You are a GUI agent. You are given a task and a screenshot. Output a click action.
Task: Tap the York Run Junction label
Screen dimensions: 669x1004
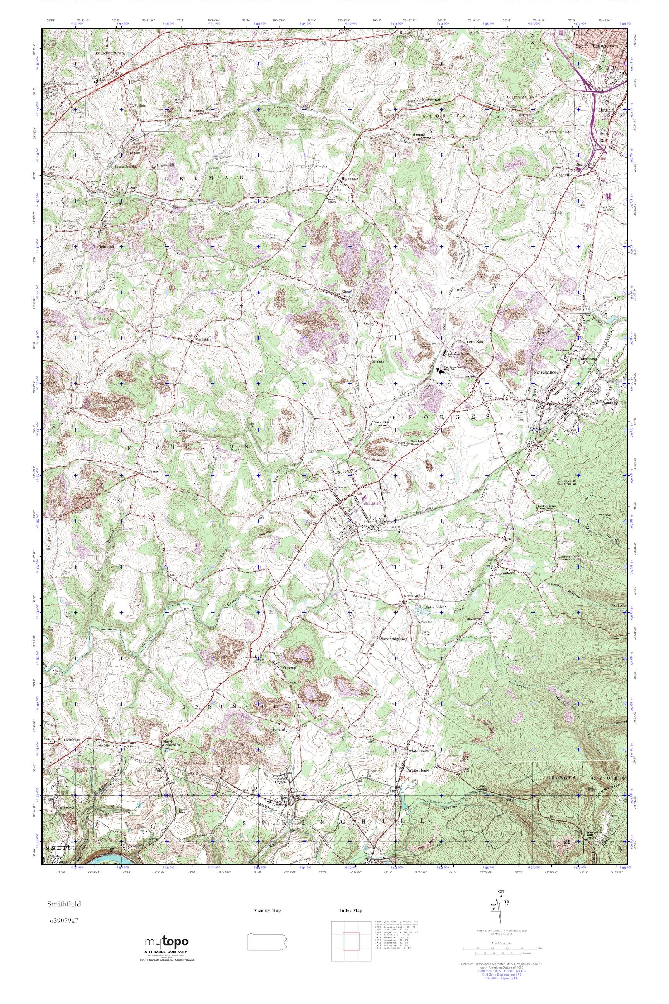coord(380,423)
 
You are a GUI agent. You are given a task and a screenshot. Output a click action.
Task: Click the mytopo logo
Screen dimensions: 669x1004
coord(167,941)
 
